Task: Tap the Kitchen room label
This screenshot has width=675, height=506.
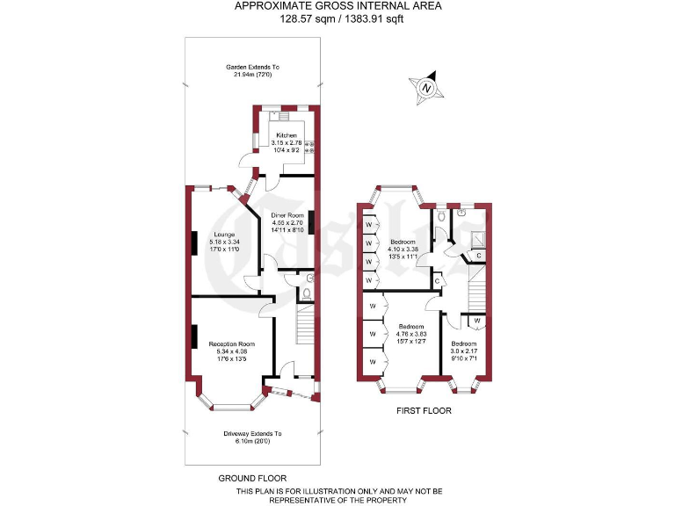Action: (287, 143)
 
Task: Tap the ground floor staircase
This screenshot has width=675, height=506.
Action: (304, 329)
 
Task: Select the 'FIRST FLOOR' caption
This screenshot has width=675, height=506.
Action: (423, 410)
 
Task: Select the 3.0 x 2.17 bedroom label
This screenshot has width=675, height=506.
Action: (464, 349)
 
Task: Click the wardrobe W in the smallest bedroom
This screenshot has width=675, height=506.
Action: (475, 321)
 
